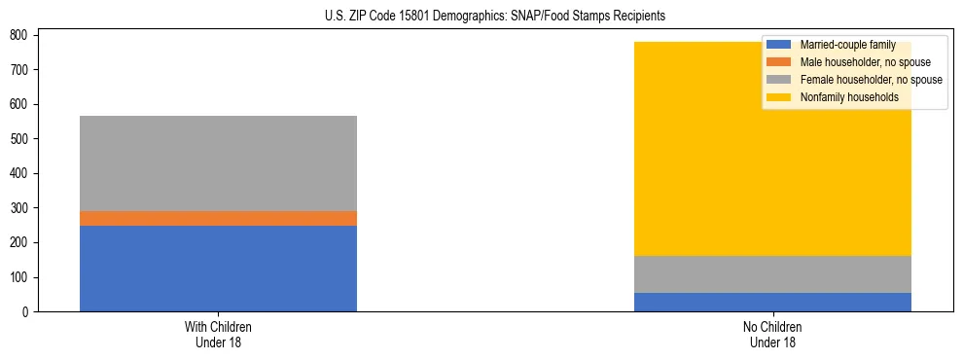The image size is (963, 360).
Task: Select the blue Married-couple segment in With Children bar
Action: tap(218, 269)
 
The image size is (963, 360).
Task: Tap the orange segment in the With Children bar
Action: tap(218, 219)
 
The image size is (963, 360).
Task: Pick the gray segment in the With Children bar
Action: tap(218, 163)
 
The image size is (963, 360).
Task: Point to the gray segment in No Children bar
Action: tap(772, 274)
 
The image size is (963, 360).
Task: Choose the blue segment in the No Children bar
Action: tap(772, 302)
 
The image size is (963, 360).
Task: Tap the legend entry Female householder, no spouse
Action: tap(871, 80)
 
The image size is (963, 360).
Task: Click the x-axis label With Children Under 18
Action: tap(218, 335)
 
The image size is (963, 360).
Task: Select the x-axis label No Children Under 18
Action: tap(772, 335)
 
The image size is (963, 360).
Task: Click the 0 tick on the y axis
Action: tap(27, 312)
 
